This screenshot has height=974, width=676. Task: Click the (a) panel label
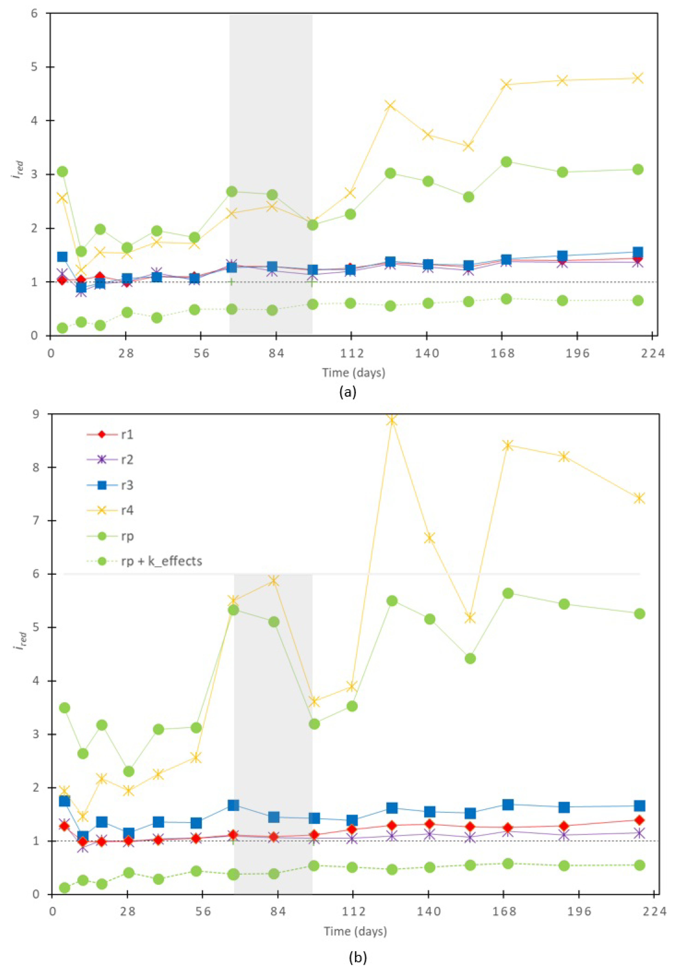point(348,392)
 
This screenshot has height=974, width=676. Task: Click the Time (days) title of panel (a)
point(354,373)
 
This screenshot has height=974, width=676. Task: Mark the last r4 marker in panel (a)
point(637,78)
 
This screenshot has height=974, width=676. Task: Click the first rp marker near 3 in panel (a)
point(62,171)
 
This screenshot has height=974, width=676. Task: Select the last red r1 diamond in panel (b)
point(640,820)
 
